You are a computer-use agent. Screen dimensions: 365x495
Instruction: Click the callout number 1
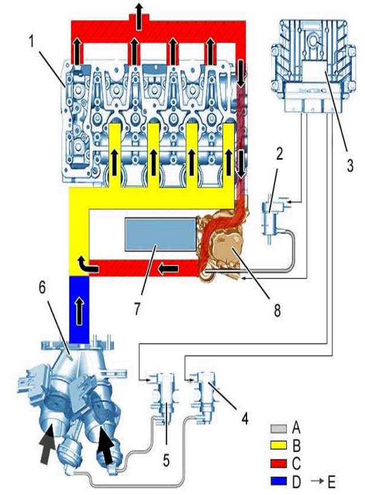[32, 41]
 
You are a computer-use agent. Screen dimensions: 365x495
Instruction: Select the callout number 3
[350, 165]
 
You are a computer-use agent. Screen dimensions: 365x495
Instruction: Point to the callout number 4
[244, 419]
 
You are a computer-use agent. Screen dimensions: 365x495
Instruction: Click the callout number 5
[166, 461]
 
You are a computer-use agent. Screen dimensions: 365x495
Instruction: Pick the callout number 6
[42, 288]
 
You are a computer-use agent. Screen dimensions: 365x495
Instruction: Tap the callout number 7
[137, 308]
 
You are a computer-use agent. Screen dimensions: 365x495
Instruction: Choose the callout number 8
[277, 311]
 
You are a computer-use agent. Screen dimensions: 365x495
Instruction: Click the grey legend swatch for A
[279, 428]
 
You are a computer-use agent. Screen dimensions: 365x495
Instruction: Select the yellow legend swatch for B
[279, 446]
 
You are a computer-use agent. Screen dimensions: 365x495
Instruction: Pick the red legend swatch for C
[279, 463]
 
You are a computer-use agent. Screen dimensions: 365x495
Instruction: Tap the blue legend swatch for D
[279, 481]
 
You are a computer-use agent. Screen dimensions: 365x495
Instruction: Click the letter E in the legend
[332, 482]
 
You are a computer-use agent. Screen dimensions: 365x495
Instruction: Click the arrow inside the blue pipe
[79, 311]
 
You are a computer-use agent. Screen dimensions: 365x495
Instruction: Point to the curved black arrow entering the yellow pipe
[88, 265]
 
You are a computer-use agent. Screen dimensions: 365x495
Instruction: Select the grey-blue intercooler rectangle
[161, 234]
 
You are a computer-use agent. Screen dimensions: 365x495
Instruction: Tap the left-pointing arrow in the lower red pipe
[169, 269]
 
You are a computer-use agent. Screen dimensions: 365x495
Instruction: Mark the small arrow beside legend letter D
[317, 481]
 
